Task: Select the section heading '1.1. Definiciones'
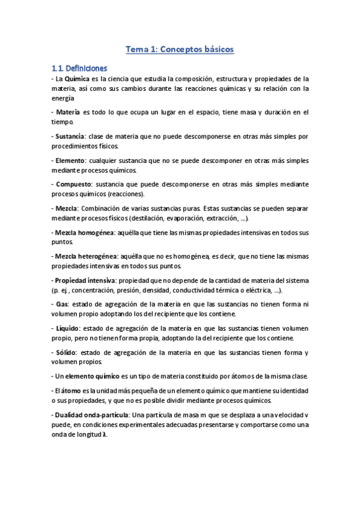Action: pos(79,68)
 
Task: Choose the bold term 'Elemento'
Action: pos(69,161)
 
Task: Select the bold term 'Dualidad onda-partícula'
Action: pos(91,415)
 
